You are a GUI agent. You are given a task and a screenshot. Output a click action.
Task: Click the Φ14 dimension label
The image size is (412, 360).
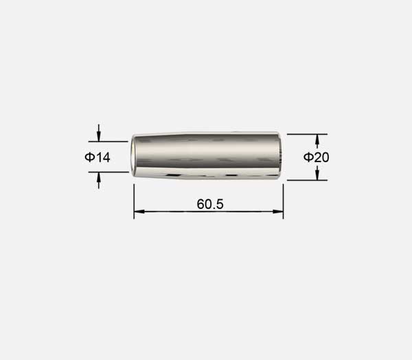98,157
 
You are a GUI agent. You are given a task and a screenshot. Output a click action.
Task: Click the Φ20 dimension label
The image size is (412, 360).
316,157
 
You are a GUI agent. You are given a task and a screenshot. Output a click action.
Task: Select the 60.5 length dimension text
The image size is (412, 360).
210,204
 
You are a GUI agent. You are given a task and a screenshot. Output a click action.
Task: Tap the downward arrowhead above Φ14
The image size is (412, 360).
98,137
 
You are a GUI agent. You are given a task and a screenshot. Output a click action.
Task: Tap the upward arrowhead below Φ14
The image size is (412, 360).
98,177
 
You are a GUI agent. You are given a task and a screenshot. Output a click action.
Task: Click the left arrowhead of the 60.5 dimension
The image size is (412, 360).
139,211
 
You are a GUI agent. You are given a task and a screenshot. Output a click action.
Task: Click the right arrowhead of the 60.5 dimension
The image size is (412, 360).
278,211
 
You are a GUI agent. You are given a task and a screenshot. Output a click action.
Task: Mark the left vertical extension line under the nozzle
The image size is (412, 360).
134,201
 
